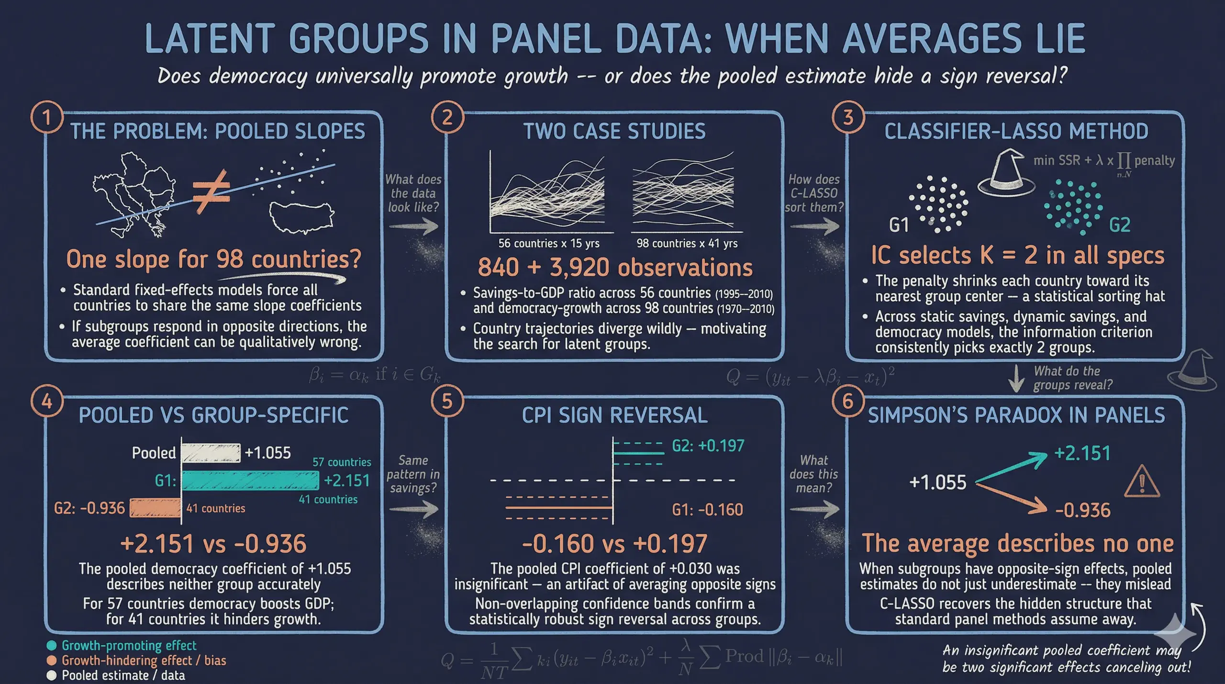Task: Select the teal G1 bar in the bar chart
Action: tap(250, 480)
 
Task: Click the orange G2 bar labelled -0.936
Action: tap(155, 508)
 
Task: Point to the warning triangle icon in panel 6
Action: tap(1142, 482)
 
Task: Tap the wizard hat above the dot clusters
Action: tap(1005, 174)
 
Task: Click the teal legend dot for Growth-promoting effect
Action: tap(52, 646)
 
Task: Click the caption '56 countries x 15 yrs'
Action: tap(549, 243)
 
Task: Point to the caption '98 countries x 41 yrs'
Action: tap(687, 243)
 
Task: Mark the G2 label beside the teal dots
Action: tap(1120, 225)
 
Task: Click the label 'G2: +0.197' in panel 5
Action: tap(708, 446)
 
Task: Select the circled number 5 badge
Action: tap(447, 401)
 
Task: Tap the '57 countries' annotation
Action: tap(342, 462)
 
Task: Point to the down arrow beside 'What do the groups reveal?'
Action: tap(1016, 378)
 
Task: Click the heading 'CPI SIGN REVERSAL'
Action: tap(614, 415)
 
